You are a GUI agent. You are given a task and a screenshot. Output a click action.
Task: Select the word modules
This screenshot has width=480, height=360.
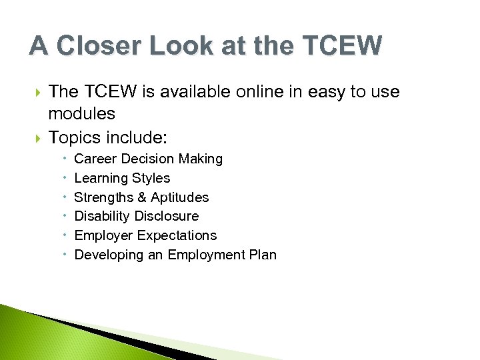[x=81, y=113]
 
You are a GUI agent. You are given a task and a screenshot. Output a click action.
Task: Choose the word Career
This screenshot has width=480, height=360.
[x=95, y=159]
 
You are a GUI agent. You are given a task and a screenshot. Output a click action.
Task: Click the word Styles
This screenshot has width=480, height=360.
[x=151, y=178]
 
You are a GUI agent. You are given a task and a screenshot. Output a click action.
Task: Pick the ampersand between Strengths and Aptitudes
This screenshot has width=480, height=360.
[x=141, y=197]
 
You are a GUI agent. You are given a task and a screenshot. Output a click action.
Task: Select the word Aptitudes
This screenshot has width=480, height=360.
[x=179, y=197]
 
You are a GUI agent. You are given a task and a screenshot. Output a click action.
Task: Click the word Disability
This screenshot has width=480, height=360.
[x=102, y=216]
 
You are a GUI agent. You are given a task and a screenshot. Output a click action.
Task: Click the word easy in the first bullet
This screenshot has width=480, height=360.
[x=325, y=92]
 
